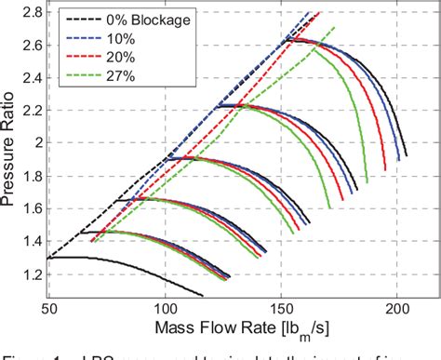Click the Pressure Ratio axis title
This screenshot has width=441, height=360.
(11, 153)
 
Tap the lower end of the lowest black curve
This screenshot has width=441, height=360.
(203, 296)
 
